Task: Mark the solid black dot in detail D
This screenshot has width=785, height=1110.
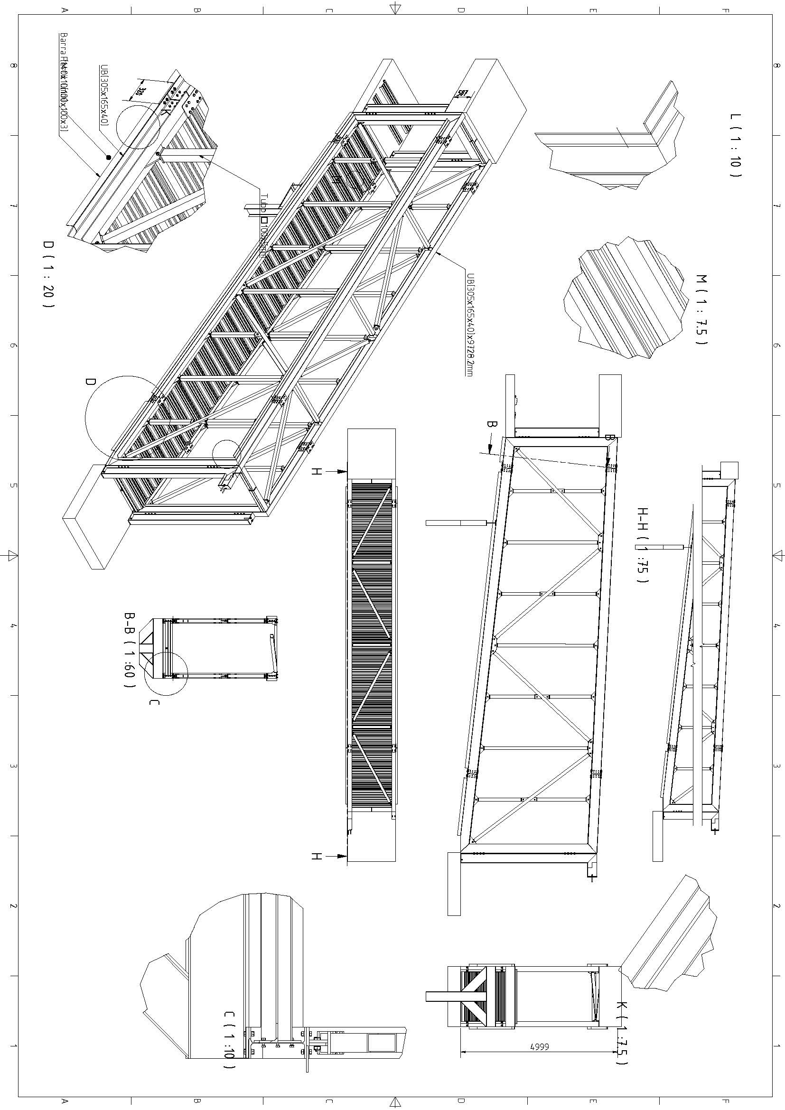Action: tap(109, 157)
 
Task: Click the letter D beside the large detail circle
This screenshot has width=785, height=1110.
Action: tap(90, 382)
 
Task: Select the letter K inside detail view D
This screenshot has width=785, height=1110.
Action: tap(166, 111)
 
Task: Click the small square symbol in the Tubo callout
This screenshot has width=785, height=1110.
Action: tap(264, 220)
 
